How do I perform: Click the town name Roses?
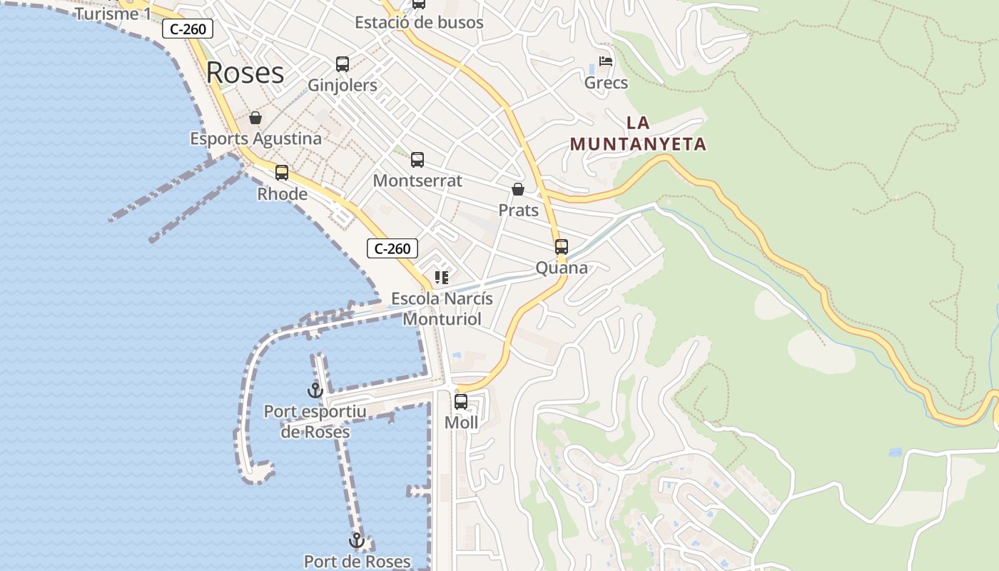point(245,73)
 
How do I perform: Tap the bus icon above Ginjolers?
point(343,64)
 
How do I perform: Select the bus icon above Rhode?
point(282,173)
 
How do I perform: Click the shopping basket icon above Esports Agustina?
point(255,118)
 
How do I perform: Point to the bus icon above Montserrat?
point(417,160)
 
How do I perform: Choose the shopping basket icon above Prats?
point(518,189)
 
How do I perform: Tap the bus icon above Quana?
point(562,247)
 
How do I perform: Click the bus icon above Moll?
point(461,402)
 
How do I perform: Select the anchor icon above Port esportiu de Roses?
point(315,390)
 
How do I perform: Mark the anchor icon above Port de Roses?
point(357,540)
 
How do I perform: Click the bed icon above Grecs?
point(606,61)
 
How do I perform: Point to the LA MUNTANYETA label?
point(638,133)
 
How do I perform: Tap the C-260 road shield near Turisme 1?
point(188,29)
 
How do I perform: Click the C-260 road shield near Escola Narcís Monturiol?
point(392,248)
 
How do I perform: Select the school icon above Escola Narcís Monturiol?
point(442,277)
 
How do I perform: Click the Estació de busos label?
point(419,22)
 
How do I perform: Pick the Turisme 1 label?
point(113,14)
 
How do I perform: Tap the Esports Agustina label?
point(255,138)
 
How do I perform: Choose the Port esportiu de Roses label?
point(315,422)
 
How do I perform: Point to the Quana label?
point(562,268)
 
